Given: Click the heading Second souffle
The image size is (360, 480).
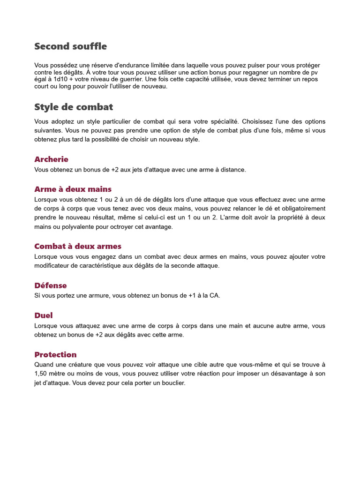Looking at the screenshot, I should (x=70, y=46).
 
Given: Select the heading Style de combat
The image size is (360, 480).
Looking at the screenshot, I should (x=74, y=107).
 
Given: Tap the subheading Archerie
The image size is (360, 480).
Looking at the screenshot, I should (x=51, y=159).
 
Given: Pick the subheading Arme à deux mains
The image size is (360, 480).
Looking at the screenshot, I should (x=73, y=189).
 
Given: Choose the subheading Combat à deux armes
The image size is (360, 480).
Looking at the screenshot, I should (x=77, y=246).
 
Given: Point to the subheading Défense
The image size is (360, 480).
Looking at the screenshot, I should (x=51, y=285).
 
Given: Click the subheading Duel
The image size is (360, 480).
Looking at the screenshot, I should (x=44, y=315).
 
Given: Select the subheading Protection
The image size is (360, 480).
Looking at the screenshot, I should (x=55, y=354).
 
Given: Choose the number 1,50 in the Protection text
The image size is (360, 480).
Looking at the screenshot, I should (x=42, y=374).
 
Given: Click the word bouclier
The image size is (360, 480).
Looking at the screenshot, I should (x=172, y=383).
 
